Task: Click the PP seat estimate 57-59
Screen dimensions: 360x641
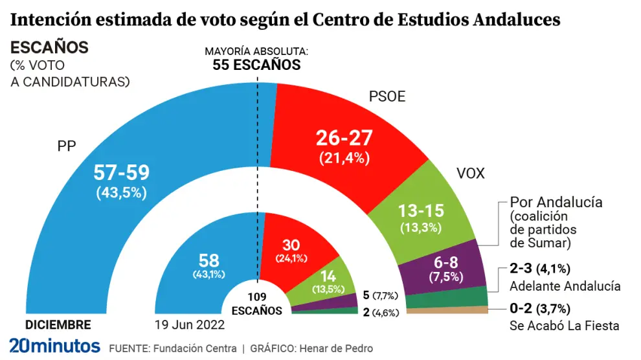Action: [x=122, y=173]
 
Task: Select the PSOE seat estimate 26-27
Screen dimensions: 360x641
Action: [x=343, y=138]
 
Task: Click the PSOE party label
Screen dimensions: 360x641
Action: [x=387, y=97]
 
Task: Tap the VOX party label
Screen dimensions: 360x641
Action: [x=471, y=174]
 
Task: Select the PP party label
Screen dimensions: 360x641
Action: [x=67, y=146]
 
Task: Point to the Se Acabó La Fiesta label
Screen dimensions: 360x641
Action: [x=565, y=326]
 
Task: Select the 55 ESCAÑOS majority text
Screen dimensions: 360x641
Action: [x=256, y=65]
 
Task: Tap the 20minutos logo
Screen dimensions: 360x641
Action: [x=54, y=346]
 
